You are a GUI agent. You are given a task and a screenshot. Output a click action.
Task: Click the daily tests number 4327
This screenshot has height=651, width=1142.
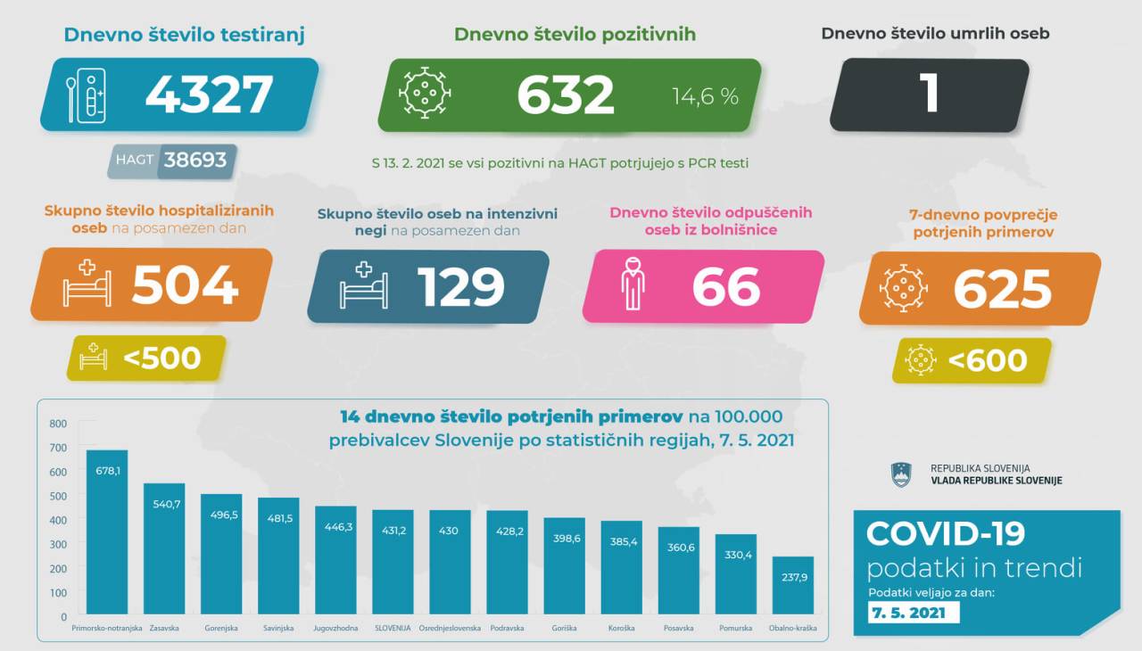pyautogui.click(x=209, y=95)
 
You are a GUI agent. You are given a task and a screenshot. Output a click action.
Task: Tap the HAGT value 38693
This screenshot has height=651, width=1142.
pyautogui.click(x=194, y=161)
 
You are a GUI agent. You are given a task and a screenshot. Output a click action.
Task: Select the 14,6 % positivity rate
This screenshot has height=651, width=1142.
pyautogui.click(x=705, y=96)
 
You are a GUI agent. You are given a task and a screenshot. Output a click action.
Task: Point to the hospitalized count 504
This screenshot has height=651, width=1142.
pyautogui.click(x=185, y=285)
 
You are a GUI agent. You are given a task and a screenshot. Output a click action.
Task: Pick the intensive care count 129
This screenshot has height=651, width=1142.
pyautogui.click(x=460, y=287)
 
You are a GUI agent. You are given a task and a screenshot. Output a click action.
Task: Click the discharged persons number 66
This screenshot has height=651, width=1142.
pyautogui.click(x=725, y=287)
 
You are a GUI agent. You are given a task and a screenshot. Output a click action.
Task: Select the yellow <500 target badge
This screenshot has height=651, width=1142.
pyautogui.click(x=145, y=358)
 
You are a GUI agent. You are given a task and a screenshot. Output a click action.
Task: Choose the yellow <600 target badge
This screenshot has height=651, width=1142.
pyautogui.click(x=972, y=360)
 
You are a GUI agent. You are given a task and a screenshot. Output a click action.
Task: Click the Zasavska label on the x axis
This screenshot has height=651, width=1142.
pyautogui.click(x=163, y=629)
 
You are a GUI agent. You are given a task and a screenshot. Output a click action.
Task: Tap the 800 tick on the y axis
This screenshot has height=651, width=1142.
pyautogui.click(x=58, y=424)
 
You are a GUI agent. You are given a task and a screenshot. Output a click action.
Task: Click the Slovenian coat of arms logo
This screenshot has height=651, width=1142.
pyautogui.click(x=901, y=474)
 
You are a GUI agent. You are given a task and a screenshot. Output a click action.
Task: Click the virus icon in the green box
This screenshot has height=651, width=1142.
pyautogui.click(x=425, y=94)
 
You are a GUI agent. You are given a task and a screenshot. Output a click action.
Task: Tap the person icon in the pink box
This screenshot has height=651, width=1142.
pyautogui.click(x=633, y=284)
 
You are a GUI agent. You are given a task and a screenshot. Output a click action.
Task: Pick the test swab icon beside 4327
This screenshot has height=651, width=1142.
pyautogui.click(x=87, y=95)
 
